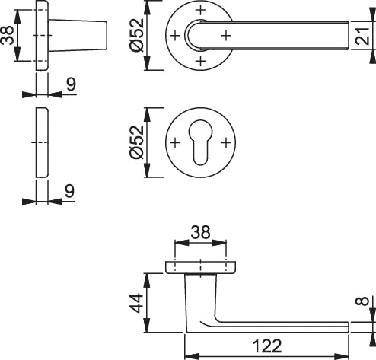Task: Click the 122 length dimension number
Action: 267,346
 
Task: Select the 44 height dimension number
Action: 136,303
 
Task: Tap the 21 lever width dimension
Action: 362,36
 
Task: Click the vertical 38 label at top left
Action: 7,36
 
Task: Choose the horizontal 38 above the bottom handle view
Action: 200,232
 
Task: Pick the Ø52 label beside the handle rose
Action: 137,35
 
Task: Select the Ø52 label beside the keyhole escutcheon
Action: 137,142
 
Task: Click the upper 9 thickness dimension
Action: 71,84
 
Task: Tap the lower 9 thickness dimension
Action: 69,191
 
